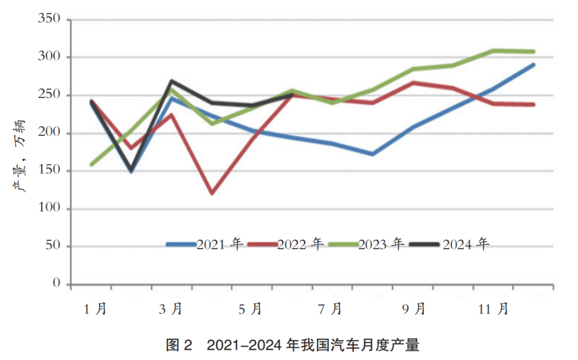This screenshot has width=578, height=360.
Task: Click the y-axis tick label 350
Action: pyautogui.click(x=49, y=20)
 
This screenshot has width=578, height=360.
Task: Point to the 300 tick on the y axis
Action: pyautogui.click(x=49, y=57)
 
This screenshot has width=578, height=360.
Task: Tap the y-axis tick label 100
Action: pyautogui.click(x=49, y=209)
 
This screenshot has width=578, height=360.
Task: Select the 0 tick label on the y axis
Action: pyautogui.click(x=57, y=284)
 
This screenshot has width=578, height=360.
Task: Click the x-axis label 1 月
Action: pyautogui.click(x=95, y=309)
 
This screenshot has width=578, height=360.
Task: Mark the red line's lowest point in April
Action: pyautogui.click(x=212, y=193)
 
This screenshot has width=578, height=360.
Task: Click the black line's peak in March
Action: pyautogui.click(x=171, y=81)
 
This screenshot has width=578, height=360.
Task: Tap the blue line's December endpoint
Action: pyautogui.click(x=533, y=65)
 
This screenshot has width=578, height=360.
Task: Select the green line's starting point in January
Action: pyautogui.click(x=92, y=164)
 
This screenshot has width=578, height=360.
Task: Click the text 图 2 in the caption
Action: pyautogui.click(x=179, y=346)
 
